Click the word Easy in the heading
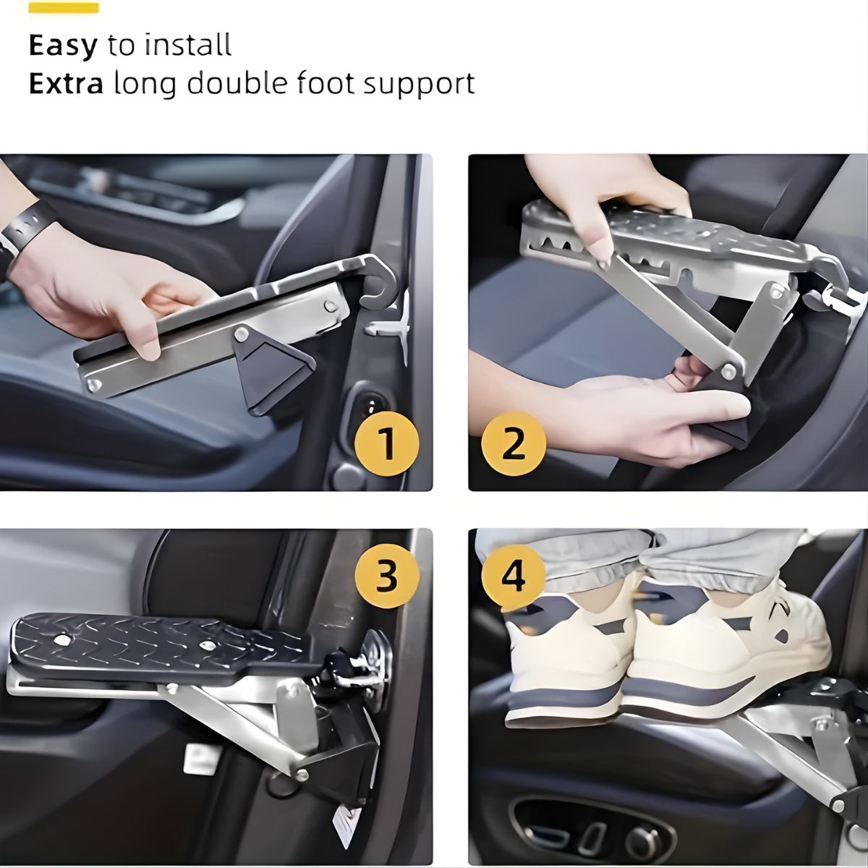point(63,46)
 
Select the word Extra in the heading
point(66,83)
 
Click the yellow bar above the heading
point(64,8)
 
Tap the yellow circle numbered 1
point(387,443)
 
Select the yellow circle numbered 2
point(514,443)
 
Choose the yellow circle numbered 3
point(387,576)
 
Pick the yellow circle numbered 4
point(514,576)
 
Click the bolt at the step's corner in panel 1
point(94,385)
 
